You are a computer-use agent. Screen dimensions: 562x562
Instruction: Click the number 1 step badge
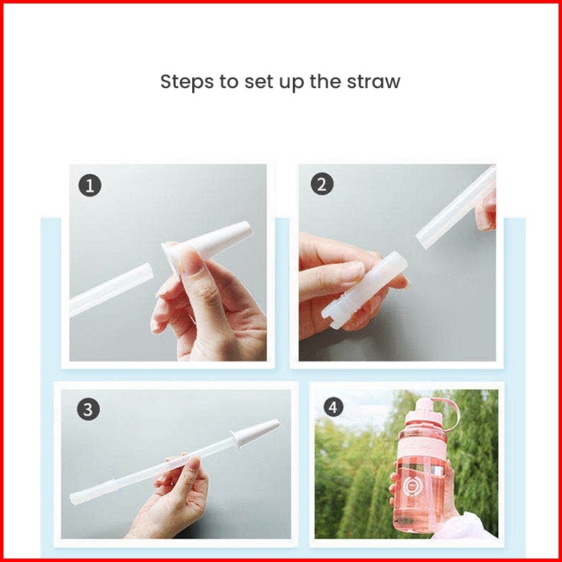tap(90, 185)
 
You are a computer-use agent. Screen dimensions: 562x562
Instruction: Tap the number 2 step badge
tap(322, 184)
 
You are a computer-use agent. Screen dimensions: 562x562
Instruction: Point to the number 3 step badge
tap(89, 409)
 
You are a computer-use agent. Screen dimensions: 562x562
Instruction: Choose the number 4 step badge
tap(333, 407)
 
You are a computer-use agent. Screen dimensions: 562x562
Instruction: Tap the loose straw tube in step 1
tap(111, 289)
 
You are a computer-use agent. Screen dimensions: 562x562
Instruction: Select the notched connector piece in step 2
tap(365, 289)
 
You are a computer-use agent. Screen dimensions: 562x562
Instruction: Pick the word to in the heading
tap(229, 82)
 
